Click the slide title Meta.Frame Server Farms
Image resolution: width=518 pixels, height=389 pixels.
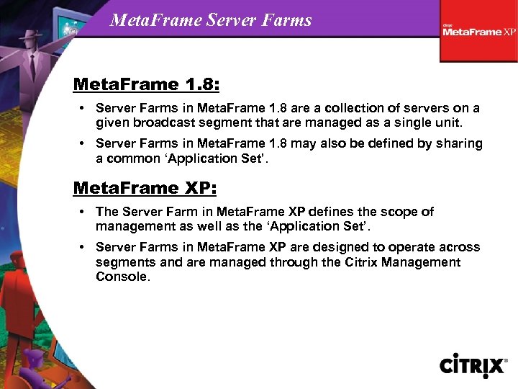[211, 19]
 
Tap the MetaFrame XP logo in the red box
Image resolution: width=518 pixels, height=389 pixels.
[479, 31]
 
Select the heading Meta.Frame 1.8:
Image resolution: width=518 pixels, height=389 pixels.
[146, 84]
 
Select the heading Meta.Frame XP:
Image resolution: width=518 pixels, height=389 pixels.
[143, 187]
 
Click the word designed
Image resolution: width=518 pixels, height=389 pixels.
[345, 247]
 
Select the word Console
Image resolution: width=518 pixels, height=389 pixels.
[122, 276]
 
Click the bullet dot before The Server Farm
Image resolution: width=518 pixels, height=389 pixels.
[83, 212]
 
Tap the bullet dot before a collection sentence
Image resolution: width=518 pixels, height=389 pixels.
[83, 108]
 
